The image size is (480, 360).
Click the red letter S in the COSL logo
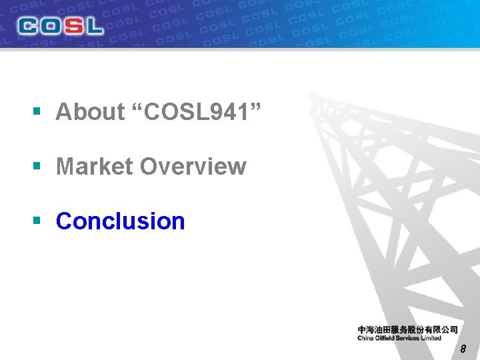[x=72, y=27]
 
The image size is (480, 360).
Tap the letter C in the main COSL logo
[x=29, y=27]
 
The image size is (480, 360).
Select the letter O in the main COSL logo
[x=51, y=27]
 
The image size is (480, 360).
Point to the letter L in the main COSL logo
[x=93, y=27]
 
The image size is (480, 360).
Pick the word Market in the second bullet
[x=95, y=167]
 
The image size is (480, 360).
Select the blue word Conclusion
[x=121, y=221]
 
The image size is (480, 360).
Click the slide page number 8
[x=463, y=349]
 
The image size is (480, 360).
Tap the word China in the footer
[x=367, y=338]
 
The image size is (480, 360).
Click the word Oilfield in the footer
[x=388, y=338]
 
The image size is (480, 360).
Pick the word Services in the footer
[x=412, y=338]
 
